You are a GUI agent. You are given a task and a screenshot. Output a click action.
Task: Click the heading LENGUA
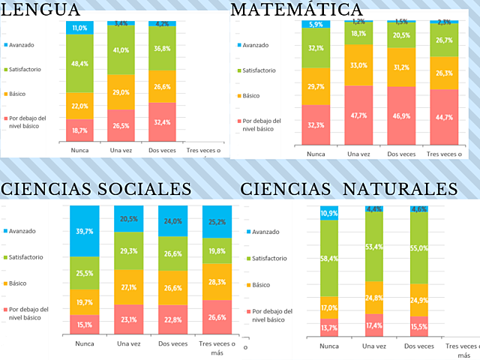(x=41, y=10)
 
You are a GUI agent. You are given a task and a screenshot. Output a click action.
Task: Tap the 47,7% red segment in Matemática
(x=358, y=115)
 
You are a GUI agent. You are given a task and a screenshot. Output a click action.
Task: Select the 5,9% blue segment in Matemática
(x=316, y=25)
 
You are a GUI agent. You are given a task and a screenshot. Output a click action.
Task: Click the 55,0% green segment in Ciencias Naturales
(x=418, y=248)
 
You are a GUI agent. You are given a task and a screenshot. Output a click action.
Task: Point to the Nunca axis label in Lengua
(x=80, y=150)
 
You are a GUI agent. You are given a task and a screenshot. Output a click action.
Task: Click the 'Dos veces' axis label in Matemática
(x=401, y=154)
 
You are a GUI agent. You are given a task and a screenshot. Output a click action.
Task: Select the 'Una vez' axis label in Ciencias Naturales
(x=373, y=346)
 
